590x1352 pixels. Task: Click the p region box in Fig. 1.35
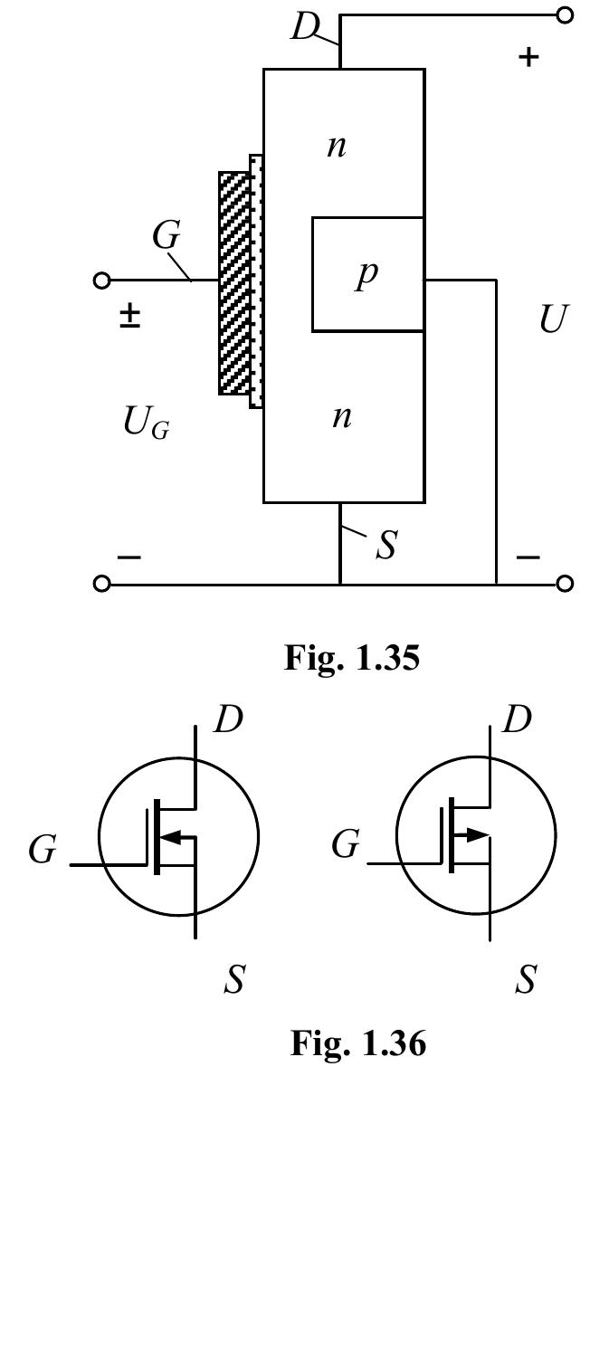(x=367, y=274)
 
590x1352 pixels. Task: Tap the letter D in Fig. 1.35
(x=305, y=28)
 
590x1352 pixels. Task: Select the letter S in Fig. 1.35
(x=386, y=547)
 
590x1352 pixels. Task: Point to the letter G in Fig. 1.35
(x=166, y=235)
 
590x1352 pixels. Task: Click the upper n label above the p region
(x=337, y=146)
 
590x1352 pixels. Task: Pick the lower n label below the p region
(x=341, y=417)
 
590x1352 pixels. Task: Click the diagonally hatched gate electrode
(x=233, y=282)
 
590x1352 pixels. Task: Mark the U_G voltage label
(x=146, y=423)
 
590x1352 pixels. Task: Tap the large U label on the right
(x=553, y=319)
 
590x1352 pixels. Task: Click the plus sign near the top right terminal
(x=528, y=57)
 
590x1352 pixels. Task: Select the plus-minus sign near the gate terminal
(x=130, y=316)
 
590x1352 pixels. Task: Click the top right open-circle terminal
(x=566, y=15)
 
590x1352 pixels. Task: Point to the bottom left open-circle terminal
(x=102, y=585)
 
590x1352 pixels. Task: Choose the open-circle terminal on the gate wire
(x=102, y=281)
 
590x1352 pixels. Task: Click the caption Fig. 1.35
(x=352, y=658)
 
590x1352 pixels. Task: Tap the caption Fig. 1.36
(x=357, y=1043)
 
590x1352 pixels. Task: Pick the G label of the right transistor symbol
(x=345, y=845)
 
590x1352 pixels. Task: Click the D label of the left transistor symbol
(x=228, y=720)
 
